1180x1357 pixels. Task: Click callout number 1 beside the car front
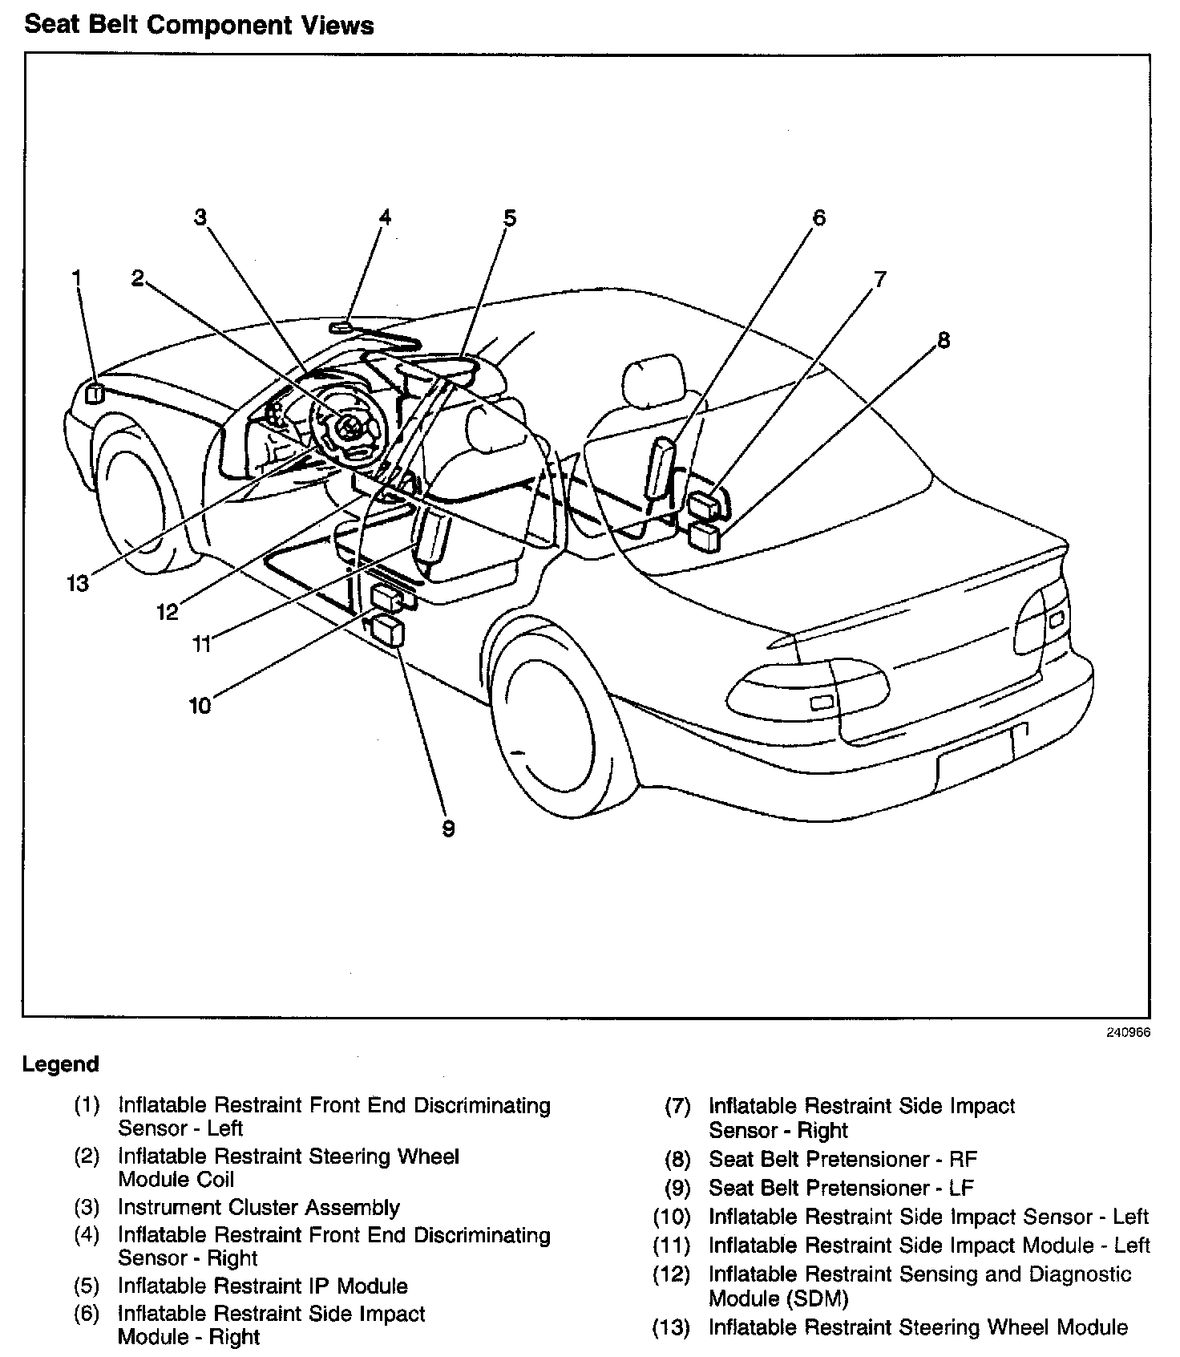click(76, 278)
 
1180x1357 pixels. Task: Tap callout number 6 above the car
click(818, 218)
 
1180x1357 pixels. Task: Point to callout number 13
click(78, 583)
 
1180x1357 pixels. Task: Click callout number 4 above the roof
click(386, 217)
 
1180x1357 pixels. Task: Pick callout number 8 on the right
click(944, 340)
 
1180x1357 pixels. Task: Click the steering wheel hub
click(350, 427)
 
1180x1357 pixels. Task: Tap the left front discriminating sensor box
click(95, 394)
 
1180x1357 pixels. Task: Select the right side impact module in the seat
click(661, 468)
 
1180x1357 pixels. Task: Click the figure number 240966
click(1128, 1032)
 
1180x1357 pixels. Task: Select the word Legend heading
click(61, 1064)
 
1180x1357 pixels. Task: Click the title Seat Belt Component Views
click(199, 26)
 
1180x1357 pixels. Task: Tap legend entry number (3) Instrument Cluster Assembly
click(258, 1207)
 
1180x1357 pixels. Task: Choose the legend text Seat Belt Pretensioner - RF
click(843, 1159)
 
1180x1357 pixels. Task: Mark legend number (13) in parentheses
click(671, 1327)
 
